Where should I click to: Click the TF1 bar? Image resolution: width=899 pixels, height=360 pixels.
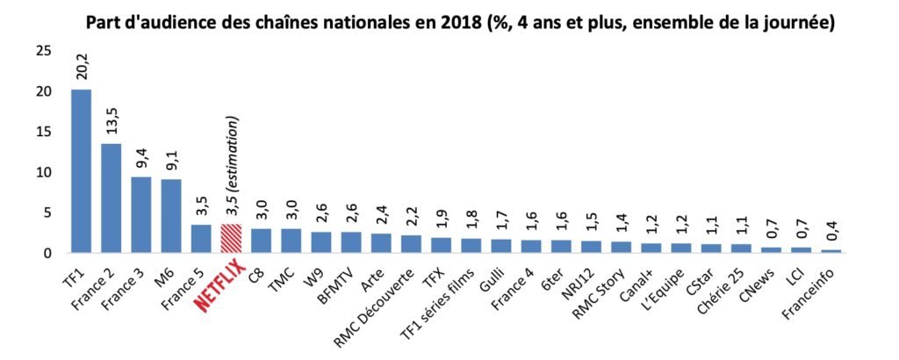81,171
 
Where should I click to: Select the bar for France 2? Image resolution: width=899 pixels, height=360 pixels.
111,198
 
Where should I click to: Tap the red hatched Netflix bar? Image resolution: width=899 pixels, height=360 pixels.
231,239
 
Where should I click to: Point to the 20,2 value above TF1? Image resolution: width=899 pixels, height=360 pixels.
82,67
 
